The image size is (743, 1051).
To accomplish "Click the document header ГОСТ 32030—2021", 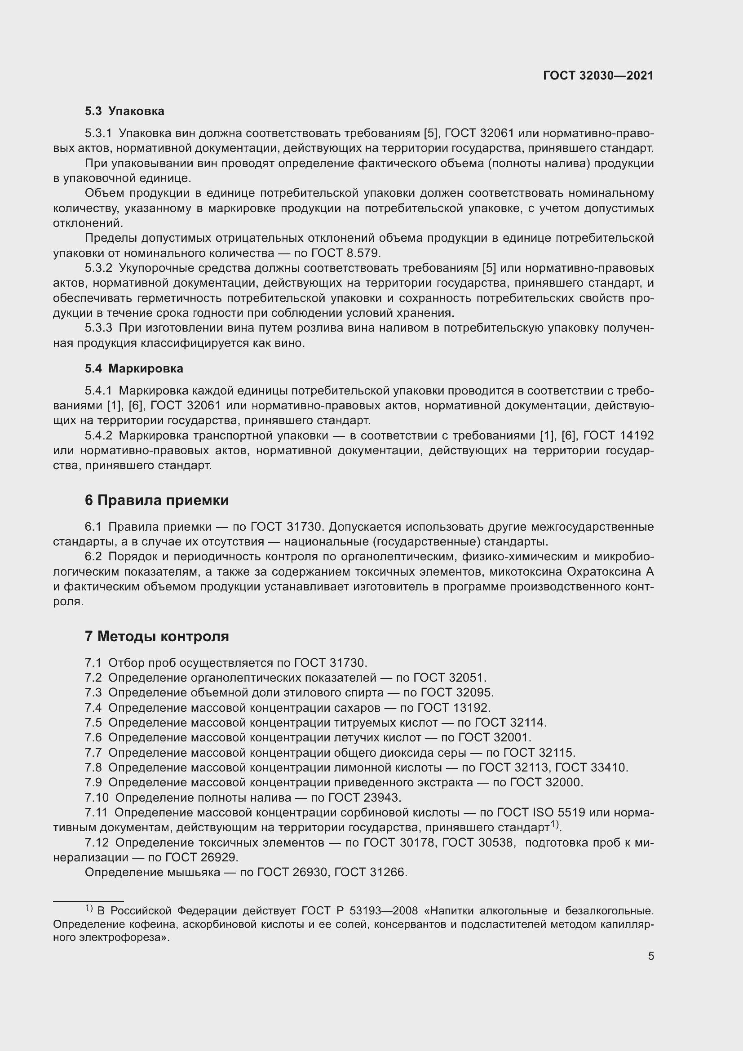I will [598, 76].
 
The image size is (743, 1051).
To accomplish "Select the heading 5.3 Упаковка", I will [124, 111].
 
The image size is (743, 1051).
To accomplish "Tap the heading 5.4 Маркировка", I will [133, 368].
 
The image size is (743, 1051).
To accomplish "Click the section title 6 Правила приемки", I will [156, 500].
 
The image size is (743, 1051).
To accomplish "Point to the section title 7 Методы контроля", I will [156, 636].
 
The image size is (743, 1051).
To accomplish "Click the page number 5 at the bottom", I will [650, 956].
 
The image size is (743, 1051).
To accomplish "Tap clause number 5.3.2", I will [98, 268].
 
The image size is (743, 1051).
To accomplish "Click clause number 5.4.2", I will [98, 435].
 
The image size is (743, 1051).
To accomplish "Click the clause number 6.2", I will [93, 557].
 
